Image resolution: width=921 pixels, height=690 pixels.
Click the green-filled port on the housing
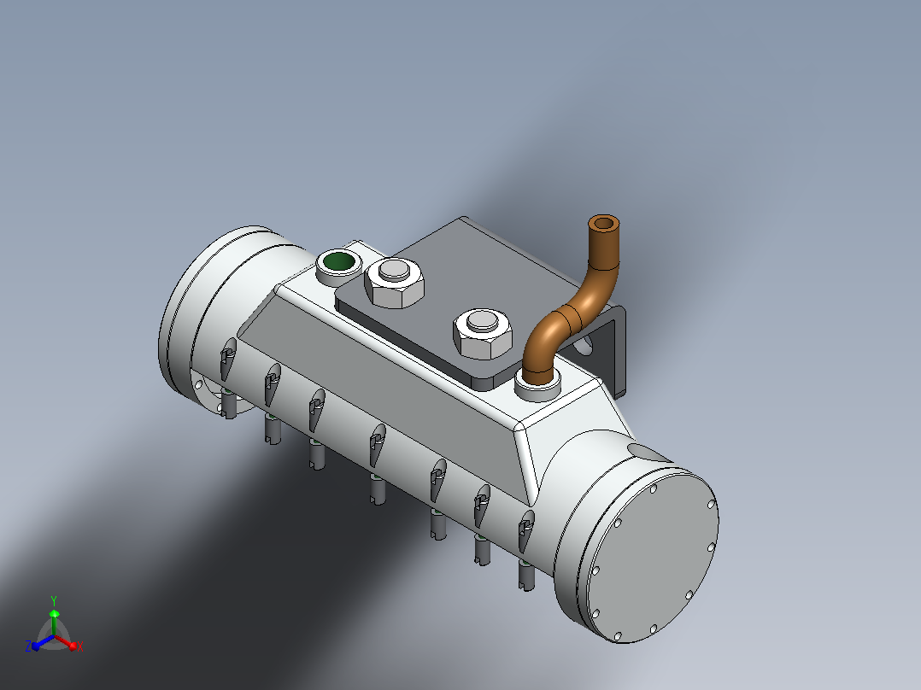coord(339,261)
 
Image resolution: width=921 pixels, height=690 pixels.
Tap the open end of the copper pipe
coord(603,223)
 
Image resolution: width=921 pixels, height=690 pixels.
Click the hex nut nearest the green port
coord(394,283)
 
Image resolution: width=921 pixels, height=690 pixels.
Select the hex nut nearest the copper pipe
coord(483,333)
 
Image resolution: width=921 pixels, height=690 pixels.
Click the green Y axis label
coord(54,600)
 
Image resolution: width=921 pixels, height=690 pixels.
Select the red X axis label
coord(80,646)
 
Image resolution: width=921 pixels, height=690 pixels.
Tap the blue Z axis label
coord(28,646)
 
